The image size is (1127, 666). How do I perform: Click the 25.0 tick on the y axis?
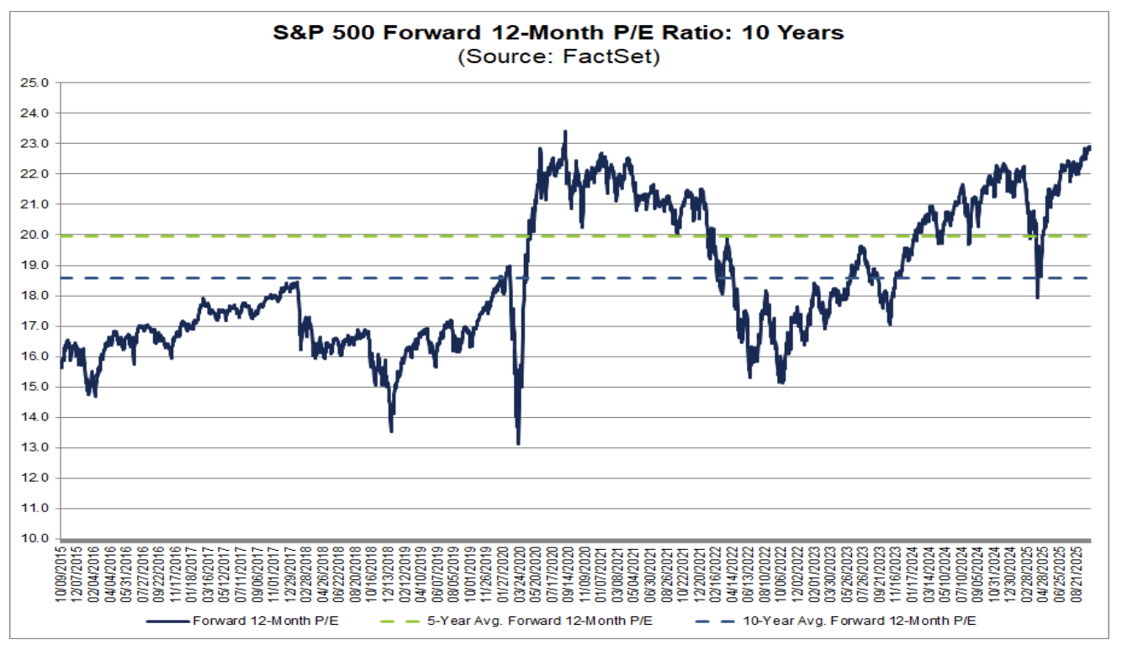point(39,82)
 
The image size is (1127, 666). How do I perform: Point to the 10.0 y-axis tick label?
point(39,539)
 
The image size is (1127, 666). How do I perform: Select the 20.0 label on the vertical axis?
point(39,235)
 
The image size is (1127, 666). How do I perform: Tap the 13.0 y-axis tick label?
point(39,447)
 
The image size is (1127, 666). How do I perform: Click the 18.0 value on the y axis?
point(39,295)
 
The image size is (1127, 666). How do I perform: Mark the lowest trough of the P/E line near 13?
point(518,443)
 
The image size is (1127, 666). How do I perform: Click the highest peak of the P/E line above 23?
point(565,131)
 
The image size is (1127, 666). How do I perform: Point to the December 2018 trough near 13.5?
point(391,431)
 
